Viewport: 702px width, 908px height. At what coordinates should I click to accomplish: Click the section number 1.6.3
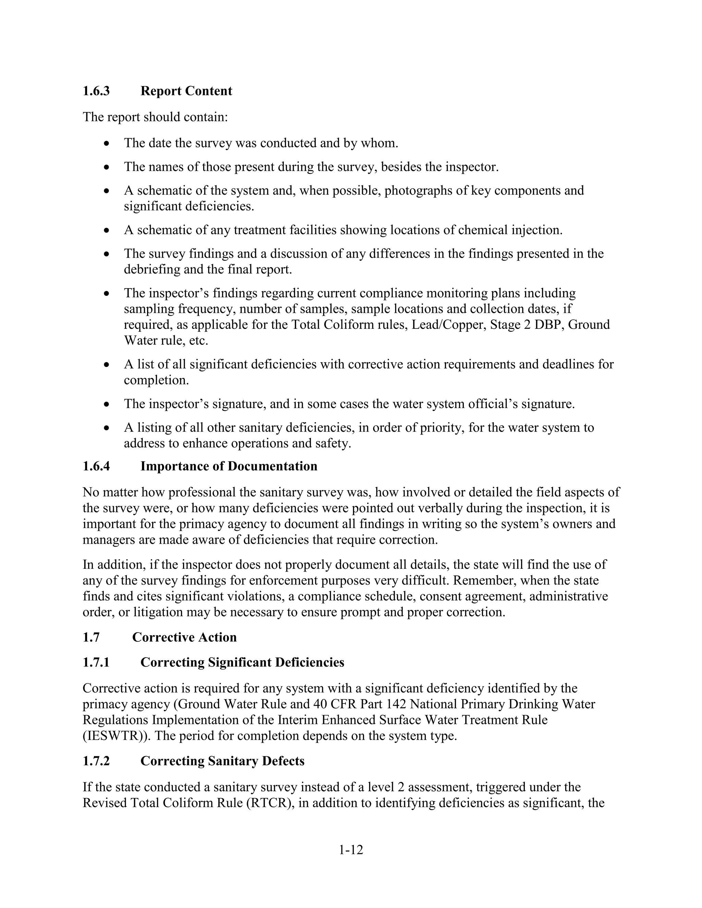click(96, 91)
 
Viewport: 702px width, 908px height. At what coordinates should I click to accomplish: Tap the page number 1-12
click(351, 850)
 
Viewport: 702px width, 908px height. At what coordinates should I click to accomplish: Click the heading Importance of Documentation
click(229, 466)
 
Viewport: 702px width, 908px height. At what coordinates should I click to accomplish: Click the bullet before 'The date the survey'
click(107, 144)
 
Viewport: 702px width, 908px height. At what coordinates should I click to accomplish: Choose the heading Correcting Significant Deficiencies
click(242, 662)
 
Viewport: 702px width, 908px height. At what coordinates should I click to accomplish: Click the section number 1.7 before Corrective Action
click(91, 637)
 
